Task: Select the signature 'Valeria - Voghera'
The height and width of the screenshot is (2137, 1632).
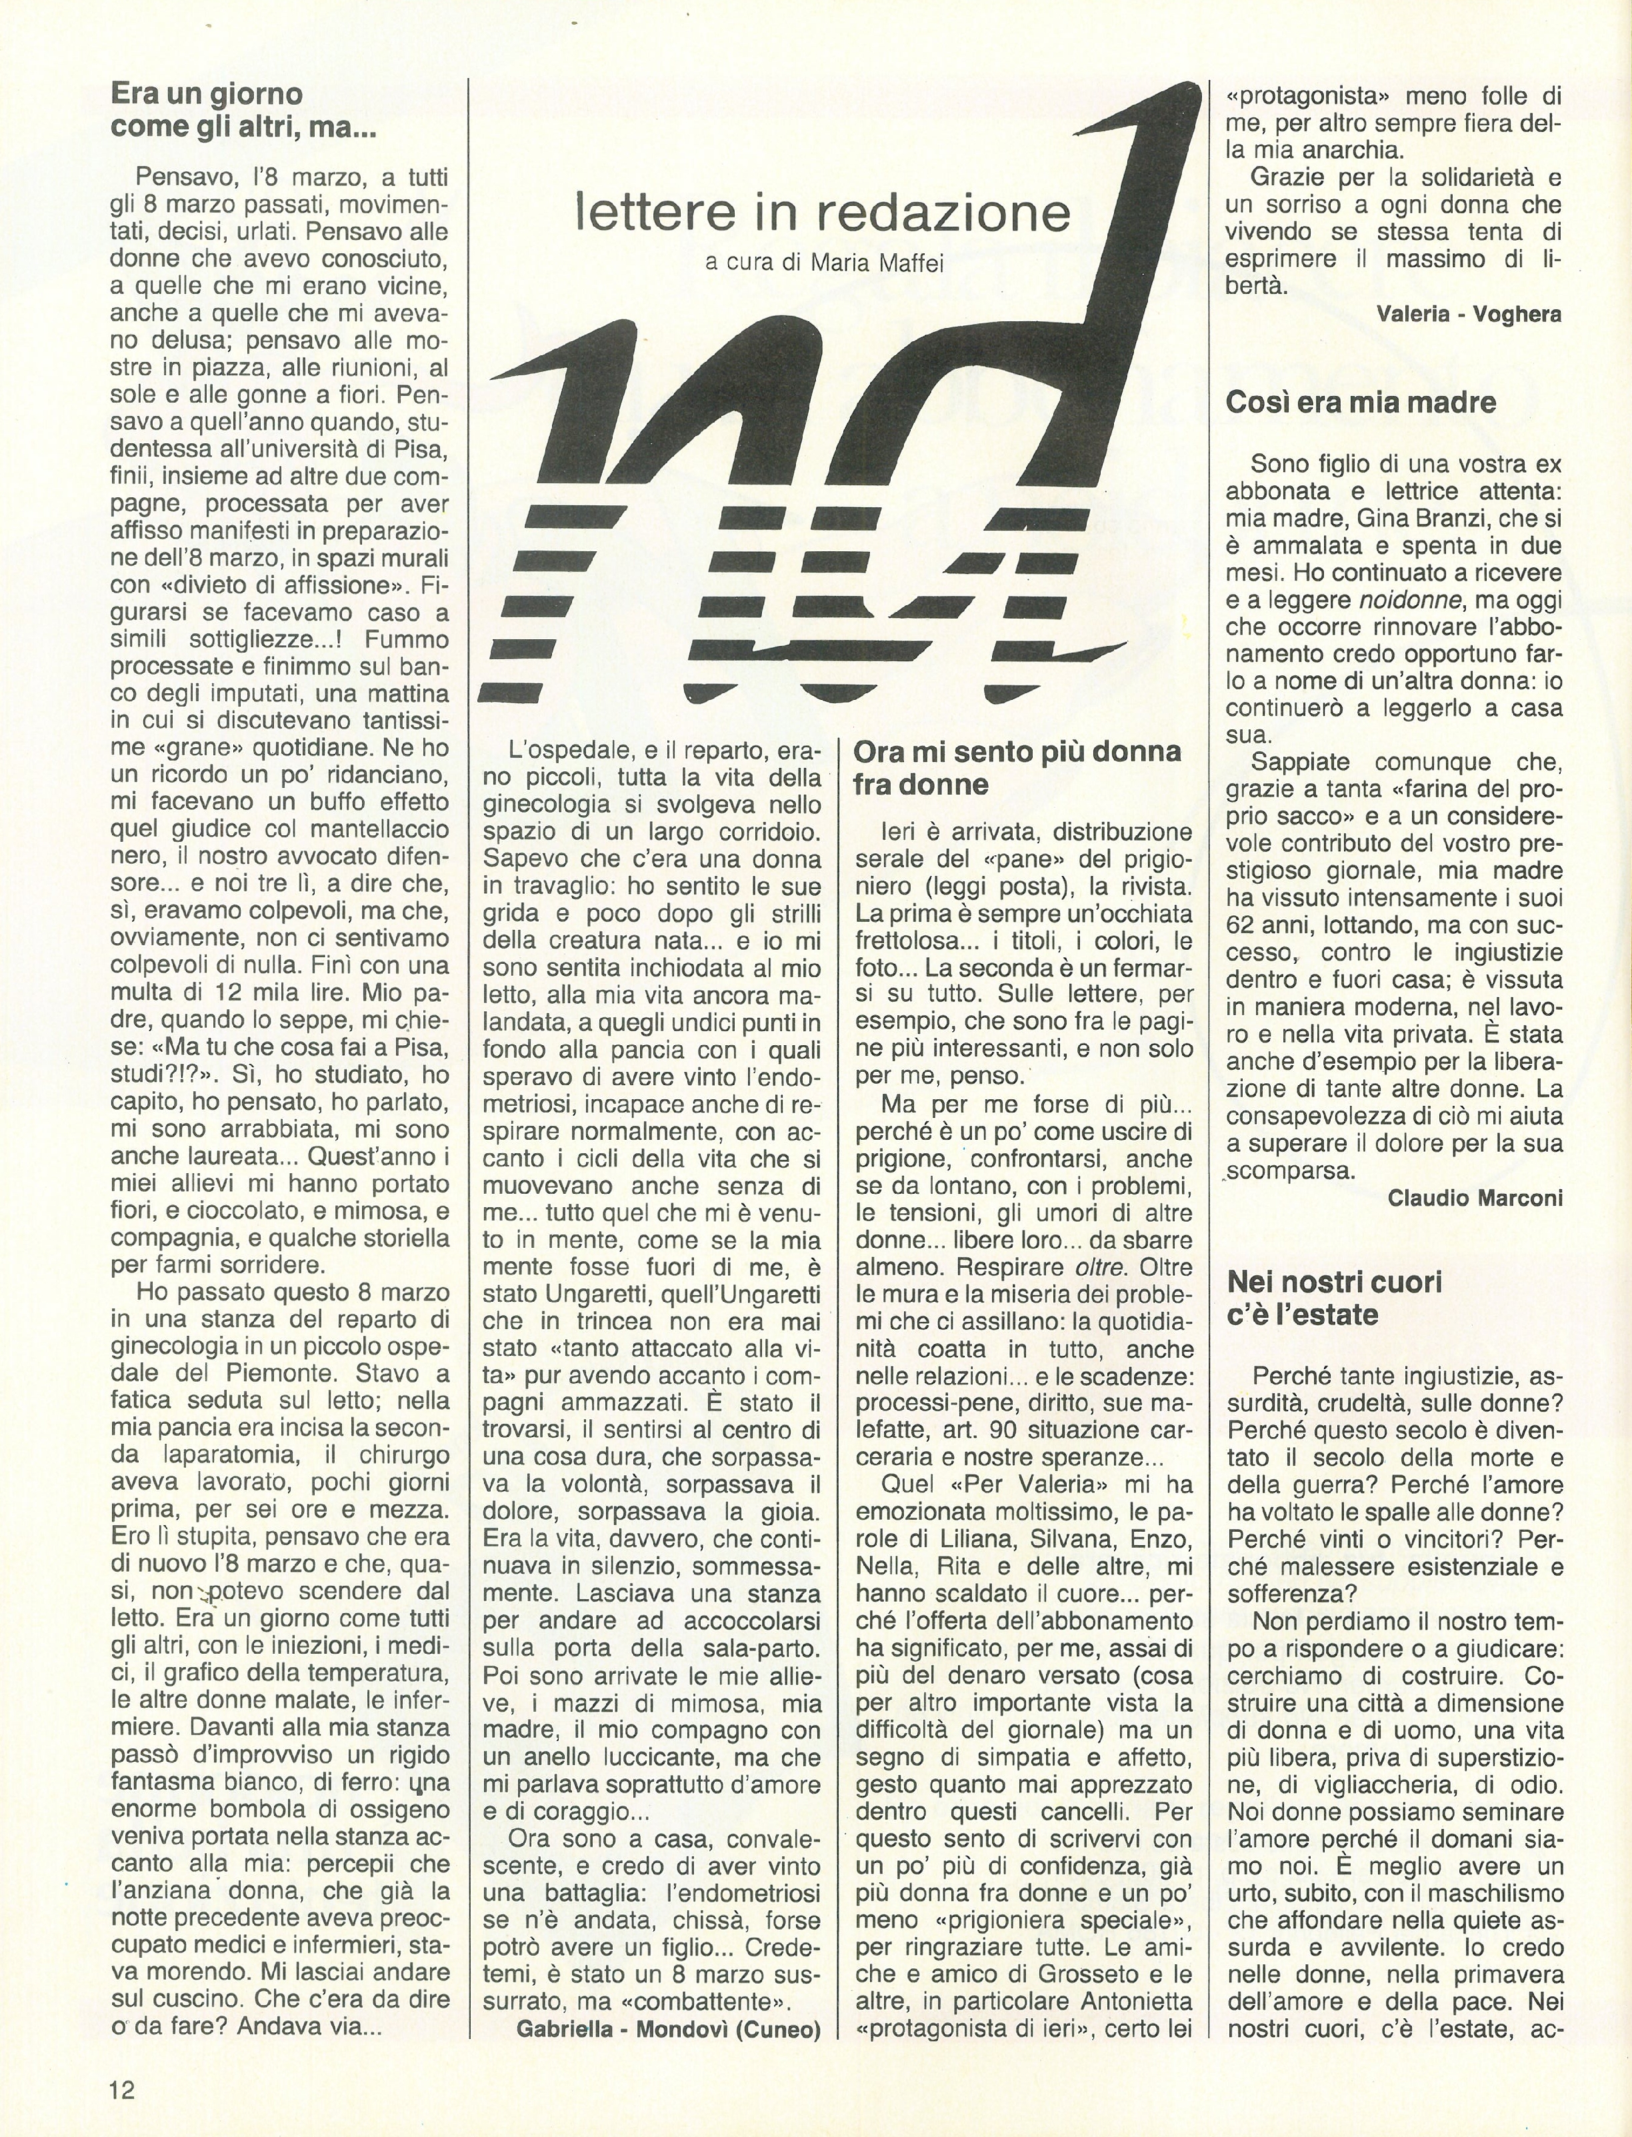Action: pos(1469,314)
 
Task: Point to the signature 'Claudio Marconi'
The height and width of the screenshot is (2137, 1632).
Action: pos(1475,1198)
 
